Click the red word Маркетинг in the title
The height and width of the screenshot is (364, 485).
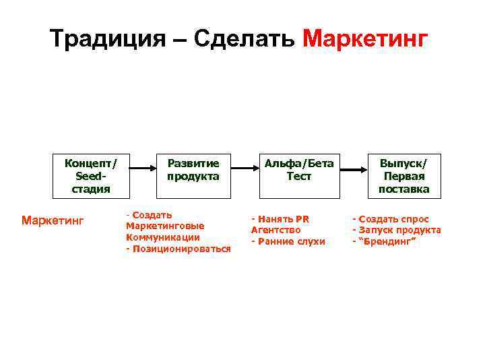click(x=365, y=38)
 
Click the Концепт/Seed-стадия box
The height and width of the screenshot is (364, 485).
click(x=91, y=175)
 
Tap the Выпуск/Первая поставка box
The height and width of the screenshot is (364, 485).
click(x=403, y=175)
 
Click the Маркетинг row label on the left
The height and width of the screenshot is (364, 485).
click(x=52, y=220)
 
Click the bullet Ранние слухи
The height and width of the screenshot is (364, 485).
click(x=290, y=241)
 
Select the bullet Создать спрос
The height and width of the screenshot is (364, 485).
click(x=393, y=219)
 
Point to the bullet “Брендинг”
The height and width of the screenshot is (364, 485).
click(x=387, y=241)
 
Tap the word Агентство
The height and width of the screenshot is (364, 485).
click(x=276, y=230)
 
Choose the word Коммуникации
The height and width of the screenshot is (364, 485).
click(x=163, y=237)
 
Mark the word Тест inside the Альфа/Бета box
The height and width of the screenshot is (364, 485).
click(x=298, y=177)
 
